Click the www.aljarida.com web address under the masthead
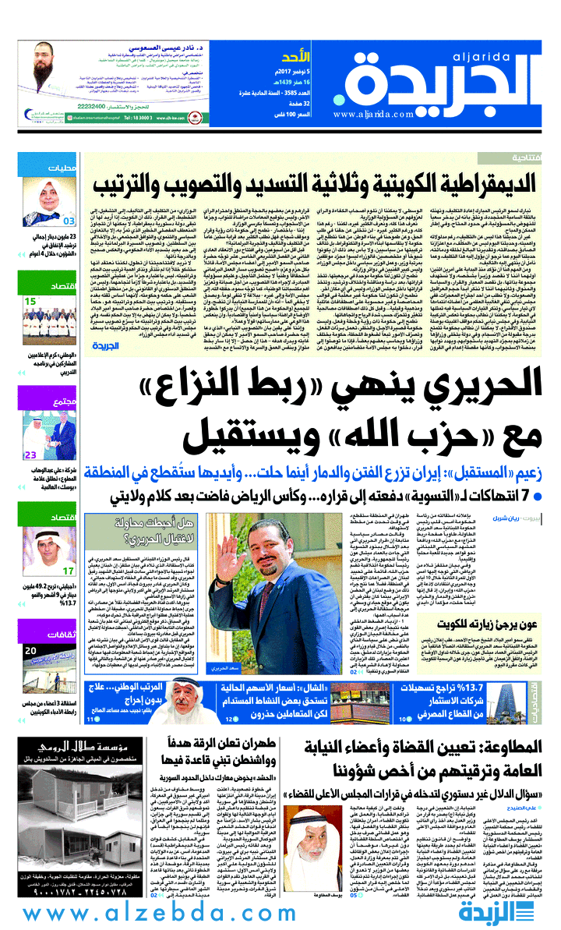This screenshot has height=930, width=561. [373, 114]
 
